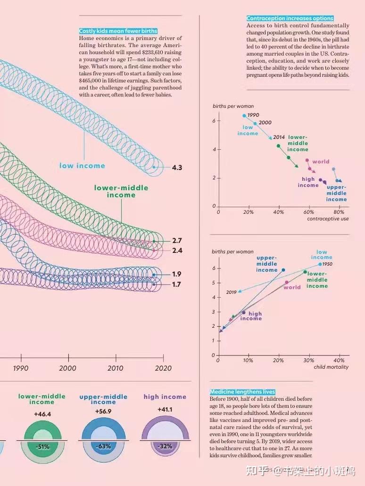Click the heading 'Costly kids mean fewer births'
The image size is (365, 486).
[118, 31]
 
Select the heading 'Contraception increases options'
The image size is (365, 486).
[290, 18]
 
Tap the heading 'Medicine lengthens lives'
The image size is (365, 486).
[242, 392]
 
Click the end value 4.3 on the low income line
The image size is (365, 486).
[177, 168]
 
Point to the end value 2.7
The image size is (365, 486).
[177, 241]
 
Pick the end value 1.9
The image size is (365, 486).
[177, 274]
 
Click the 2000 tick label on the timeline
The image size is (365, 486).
[68, 368]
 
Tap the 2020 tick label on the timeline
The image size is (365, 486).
[163, 368]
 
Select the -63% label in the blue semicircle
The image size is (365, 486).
[103, 446]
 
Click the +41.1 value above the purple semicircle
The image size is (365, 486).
[165, 410]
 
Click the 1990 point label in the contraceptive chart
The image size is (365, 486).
[253, 115]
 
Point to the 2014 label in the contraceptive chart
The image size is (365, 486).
[279, 137]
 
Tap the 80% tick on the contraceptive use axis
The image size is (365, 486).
[338, 212]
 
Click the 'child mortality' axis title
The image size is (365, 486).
[331, 367]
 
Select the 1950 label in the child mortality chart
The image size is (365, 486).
[327, 264]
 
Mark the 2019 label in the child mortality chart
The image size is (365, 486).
[231, 292]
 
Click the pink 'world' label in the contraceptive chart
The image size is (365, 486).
[321, 162]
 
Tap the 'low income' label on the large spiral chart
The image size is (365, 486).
[82, 166]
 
